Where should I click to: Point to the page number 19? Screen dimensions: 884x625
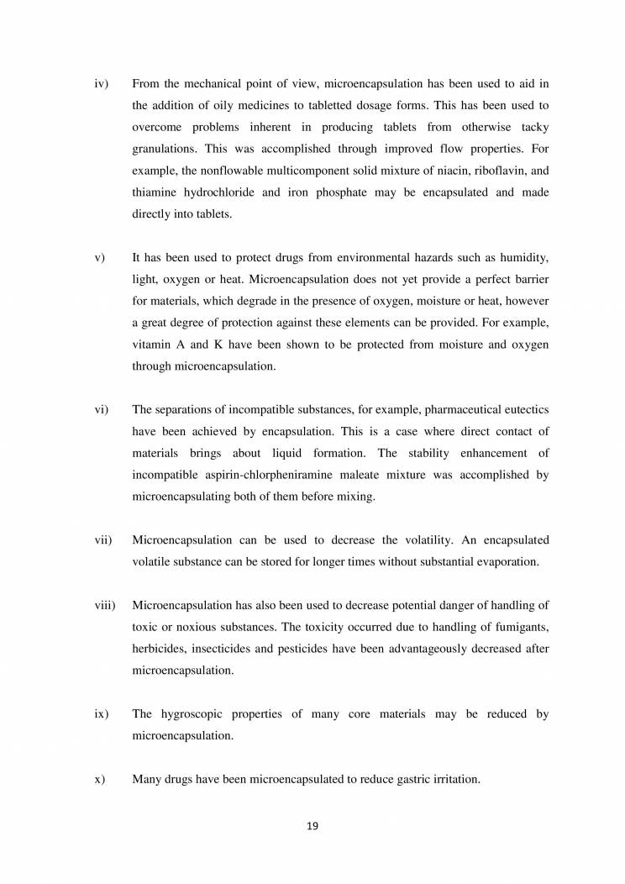pyautogui.click(x=312, y=826)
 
